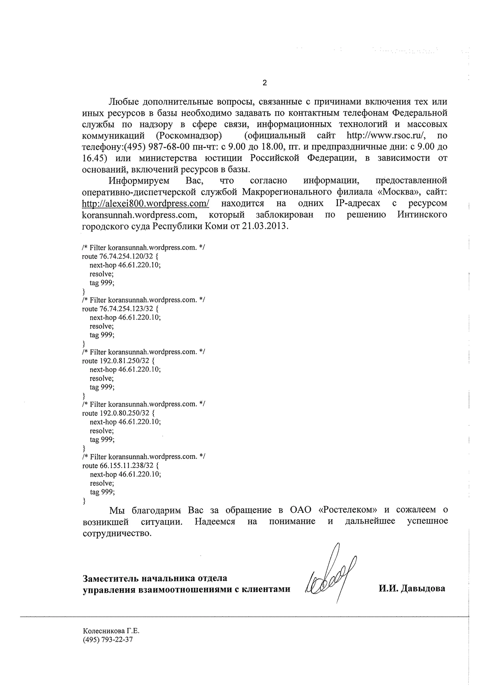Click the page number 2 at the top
pyautogui.click(x=264, y=83)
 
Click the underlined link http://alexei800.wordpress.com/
pyautogui.click(x=145, y=203)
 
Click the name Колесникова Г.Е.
pyautogui.click(x=111, y=631)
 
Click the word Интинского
pyautogui.click(x=422, y=215)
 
